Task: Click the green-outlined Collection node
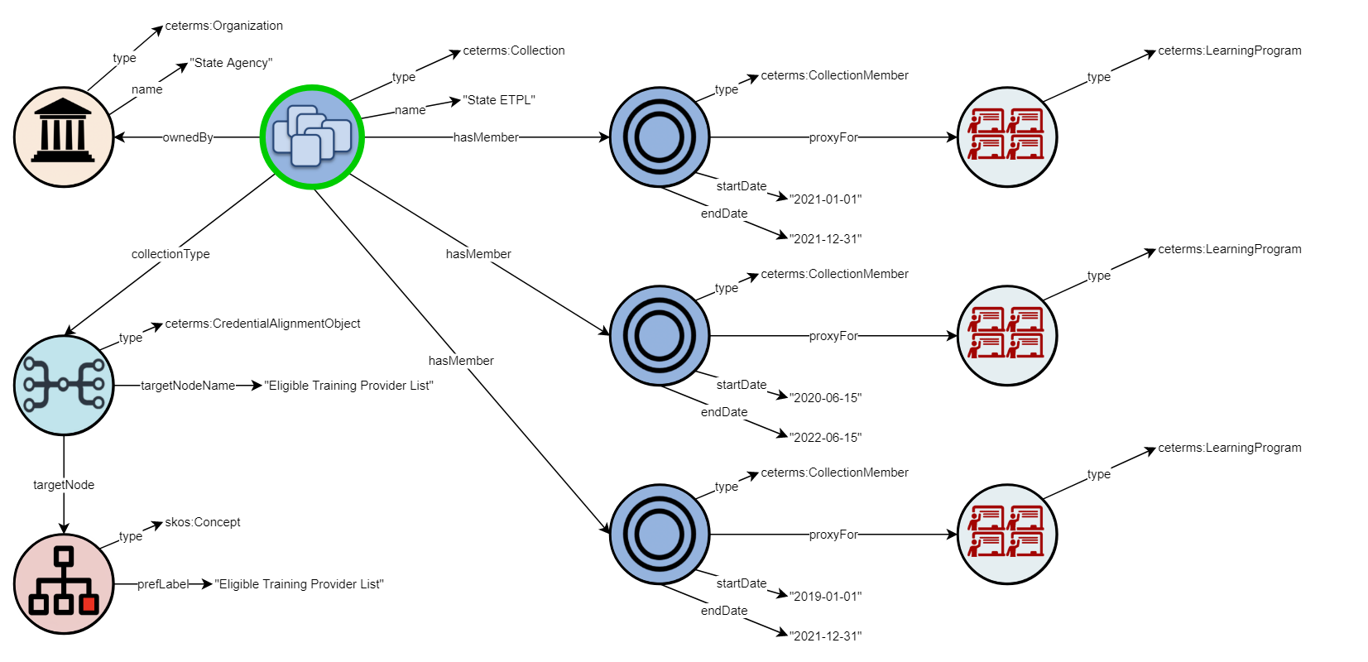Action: (312, 137)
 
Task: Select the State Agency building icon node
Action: (64, 137)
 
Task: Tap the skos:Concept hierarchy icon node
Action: (64, 584)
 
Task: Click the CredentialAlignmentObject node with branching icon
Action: (64, 386)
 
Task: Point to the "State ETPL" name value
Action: (499, 100)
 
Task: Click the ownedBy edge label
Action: (188, 137)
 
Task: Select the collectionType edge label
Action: (170, 254)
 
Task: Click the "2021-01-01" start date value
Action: (826, 199)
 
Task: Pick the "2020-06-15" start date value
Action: (826, 398)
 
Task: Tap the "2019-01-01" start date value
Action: (826, 597)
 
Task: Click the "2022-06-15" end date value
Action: (826, 438)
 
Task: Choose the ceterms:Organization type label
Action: (224, 26)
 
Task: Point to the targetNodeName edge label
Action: (188, 386)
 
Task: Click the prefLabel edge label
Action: (163, 584)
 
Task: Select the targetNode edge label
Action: (64, 485)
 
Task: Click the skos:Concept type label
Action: (203, 522)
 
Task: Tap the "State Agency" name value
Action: (231, 63)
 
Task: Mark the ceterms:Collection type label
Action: (514, 50)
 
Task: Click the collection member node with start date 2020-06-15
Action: (660, 336)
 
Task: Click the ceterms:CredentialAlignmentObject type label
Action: (262, 324)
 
